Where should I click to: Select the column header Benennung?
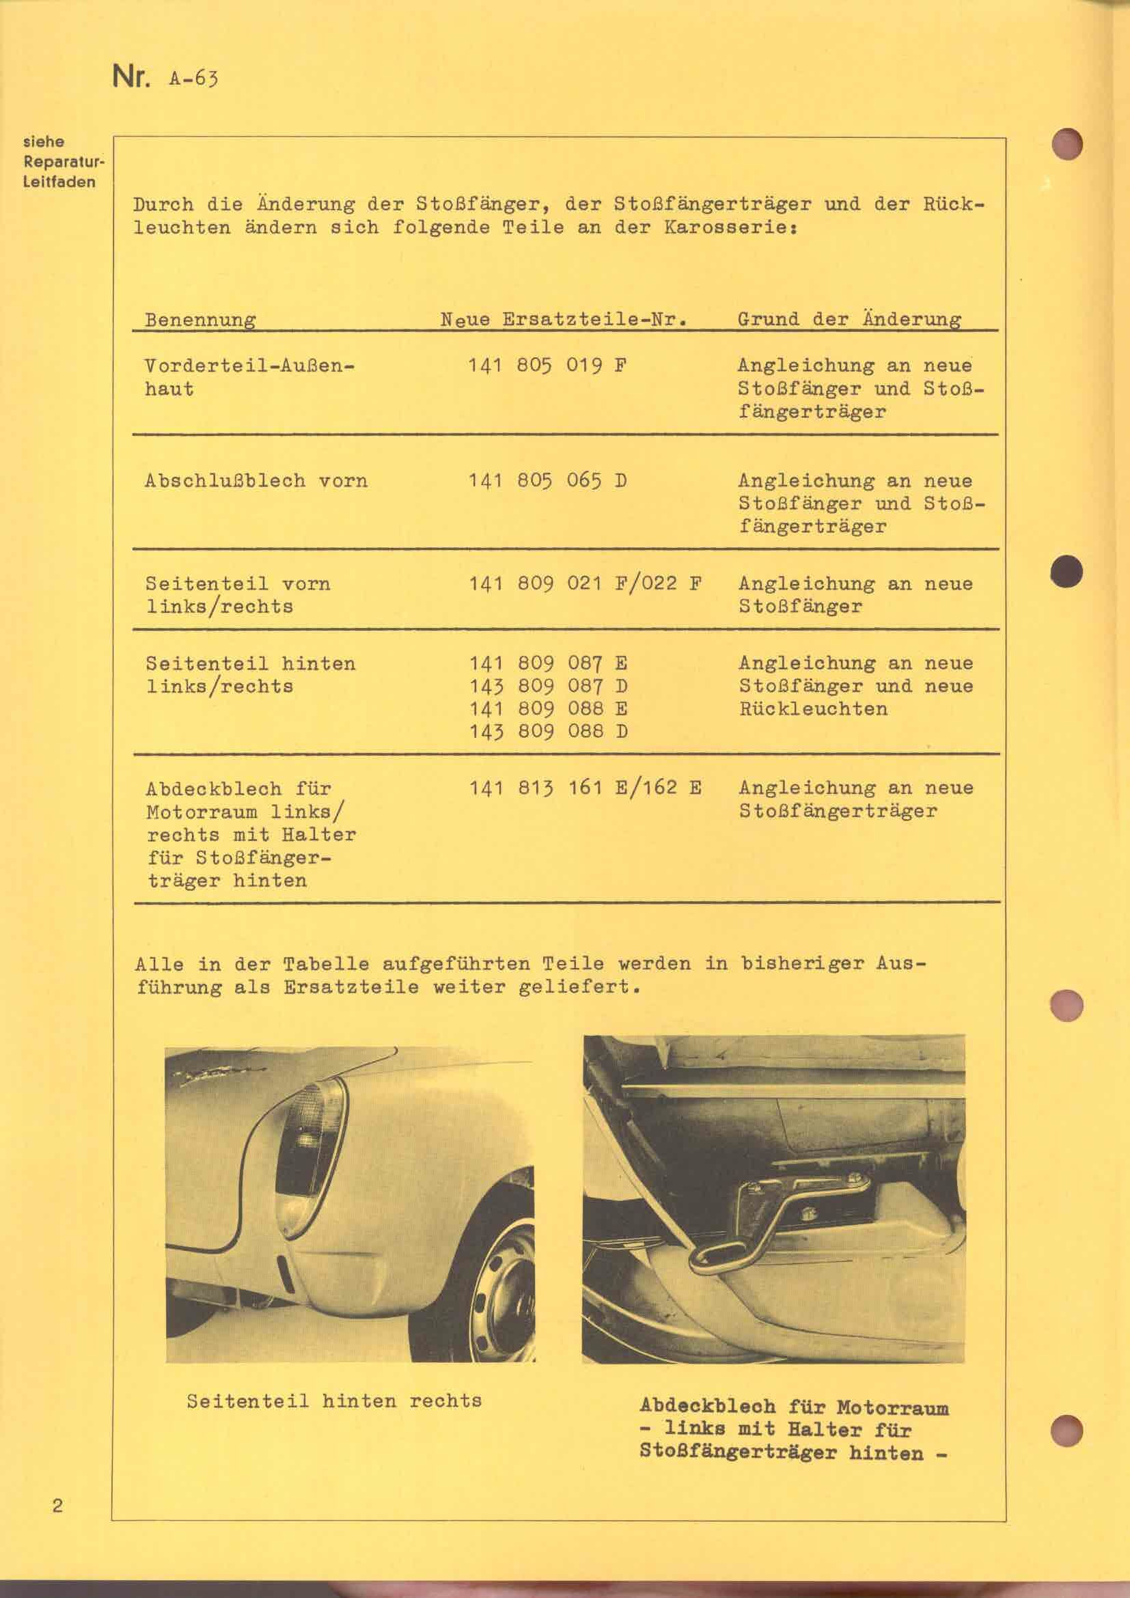coord(200,320)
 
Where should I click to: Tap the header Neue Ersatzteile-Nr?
coord(564,320)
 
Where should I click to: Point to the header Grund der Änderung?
coord(849,320)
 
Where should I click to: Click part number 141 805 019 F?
coord(549,366)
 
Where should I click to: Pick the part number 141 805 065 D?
coord(549,481)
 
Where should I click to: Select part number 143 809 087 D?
coord(549,686)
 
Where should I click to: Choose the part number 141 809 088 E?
coord(549,708)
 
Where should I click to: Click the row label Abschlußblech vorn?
coord(256,481)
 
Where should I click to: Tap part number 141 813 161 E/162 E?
coord(585,788)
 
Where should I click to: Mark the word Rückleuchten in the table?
coord(813,709)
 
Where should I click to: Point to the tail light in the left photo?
coord(306,1155)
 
